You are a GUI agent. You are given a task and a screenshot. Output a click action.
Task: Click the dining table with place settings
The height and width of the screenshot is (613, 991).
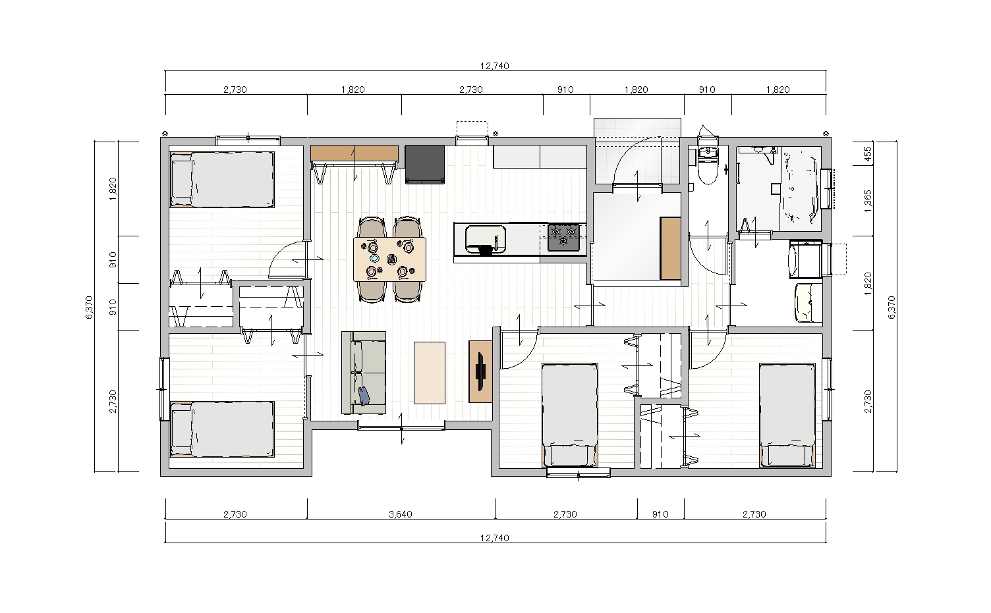tap(390, 259)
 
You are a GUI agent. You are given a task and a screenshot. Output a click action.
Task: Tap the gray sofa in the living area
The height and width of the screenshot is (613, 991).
tap(364, 373)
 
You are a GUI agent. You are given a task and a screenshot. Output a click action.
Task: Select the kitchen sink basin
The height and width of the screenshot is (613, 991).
tap(486, 238)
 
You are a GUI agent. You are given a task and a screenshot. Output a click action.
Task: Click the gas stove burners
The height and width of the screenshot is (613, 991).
tap(563, 237)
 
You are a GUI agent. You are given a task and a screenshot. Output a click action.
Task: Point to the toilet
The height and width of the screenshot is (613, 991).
tap(708, 166)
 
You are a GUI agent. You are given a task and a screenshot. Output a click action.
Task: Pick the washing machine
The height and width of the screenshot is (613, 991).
tap(806, 259)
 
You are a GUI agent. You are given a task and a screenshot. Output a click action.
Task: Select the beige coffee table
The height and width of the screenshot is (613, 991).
tap(430, 373)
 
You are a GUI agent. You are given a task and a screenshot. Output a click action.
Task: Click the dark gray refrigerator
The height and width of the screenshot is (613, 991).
tap(425, 164)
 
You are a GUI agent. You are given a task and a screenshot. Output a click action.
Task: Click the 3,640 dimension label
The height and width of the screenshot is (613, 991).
tap(401, 514)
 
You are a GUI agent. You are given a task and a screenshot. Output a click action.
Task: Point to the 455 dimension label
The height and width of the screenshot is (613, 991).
tap(868, 153)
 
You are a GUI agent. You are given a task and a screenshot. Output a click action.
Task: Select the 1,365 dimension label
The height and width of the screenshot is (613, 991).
tap(868, 201)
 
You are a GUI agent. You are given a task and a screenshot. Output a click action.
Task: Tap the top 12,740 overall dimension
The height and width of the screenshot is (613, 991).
tap(495, 66)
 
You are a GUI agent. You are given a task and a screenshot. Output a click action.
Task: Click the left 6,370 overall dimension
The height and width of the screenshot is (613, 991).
tap(89, 307)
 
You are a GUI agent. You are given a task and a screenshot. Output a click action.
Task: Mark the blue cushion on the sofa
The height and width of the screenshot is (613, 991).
tap(364, 396)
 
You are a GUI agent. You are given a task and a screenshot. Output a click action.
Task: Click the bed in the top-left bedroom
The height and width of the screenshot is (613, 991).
tap(222, 180)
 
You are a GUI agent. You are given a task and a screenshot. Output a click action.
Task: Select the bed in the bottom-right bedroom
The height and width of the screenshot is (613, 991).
tap(787, 415)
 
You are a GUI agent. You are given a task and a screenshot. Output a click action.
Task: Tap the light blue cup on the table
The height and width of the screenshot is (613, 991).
tap(375, 258)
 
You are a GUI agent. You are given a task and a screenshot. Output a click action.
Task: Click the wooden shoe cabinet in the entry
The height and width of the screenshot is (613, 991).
tap(670, 248)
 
